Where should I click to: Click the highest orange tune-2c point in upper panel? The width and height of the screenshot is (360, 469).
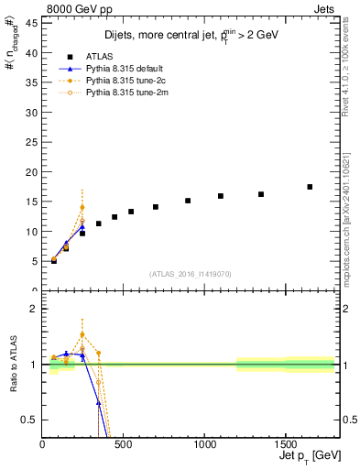tap(82, 207)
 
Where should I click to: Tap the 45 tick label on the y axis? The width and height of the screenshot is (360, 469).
tap(30, 24)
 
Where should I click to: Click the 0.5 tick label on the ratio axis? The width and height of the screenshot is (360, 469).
tap(27, 420)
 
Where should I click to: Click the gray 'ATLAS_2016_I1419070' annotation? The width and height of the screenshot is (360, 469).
tap(190, 273)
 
